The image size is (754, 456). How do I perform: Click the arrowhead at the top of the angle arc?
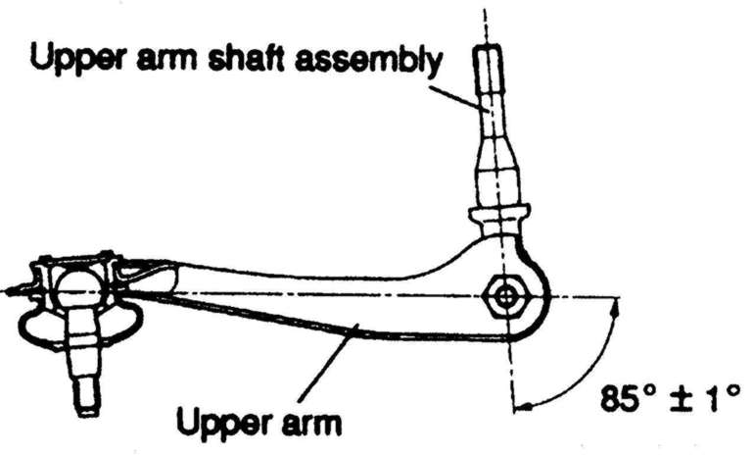(616, 307)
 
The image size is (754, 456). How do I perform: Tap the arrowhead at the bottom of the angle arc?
(520, 401)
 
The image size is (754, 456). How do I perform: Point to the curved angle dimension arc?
(597, 368)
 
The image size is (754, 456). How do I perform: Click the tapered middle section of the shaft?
(495, 157)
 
